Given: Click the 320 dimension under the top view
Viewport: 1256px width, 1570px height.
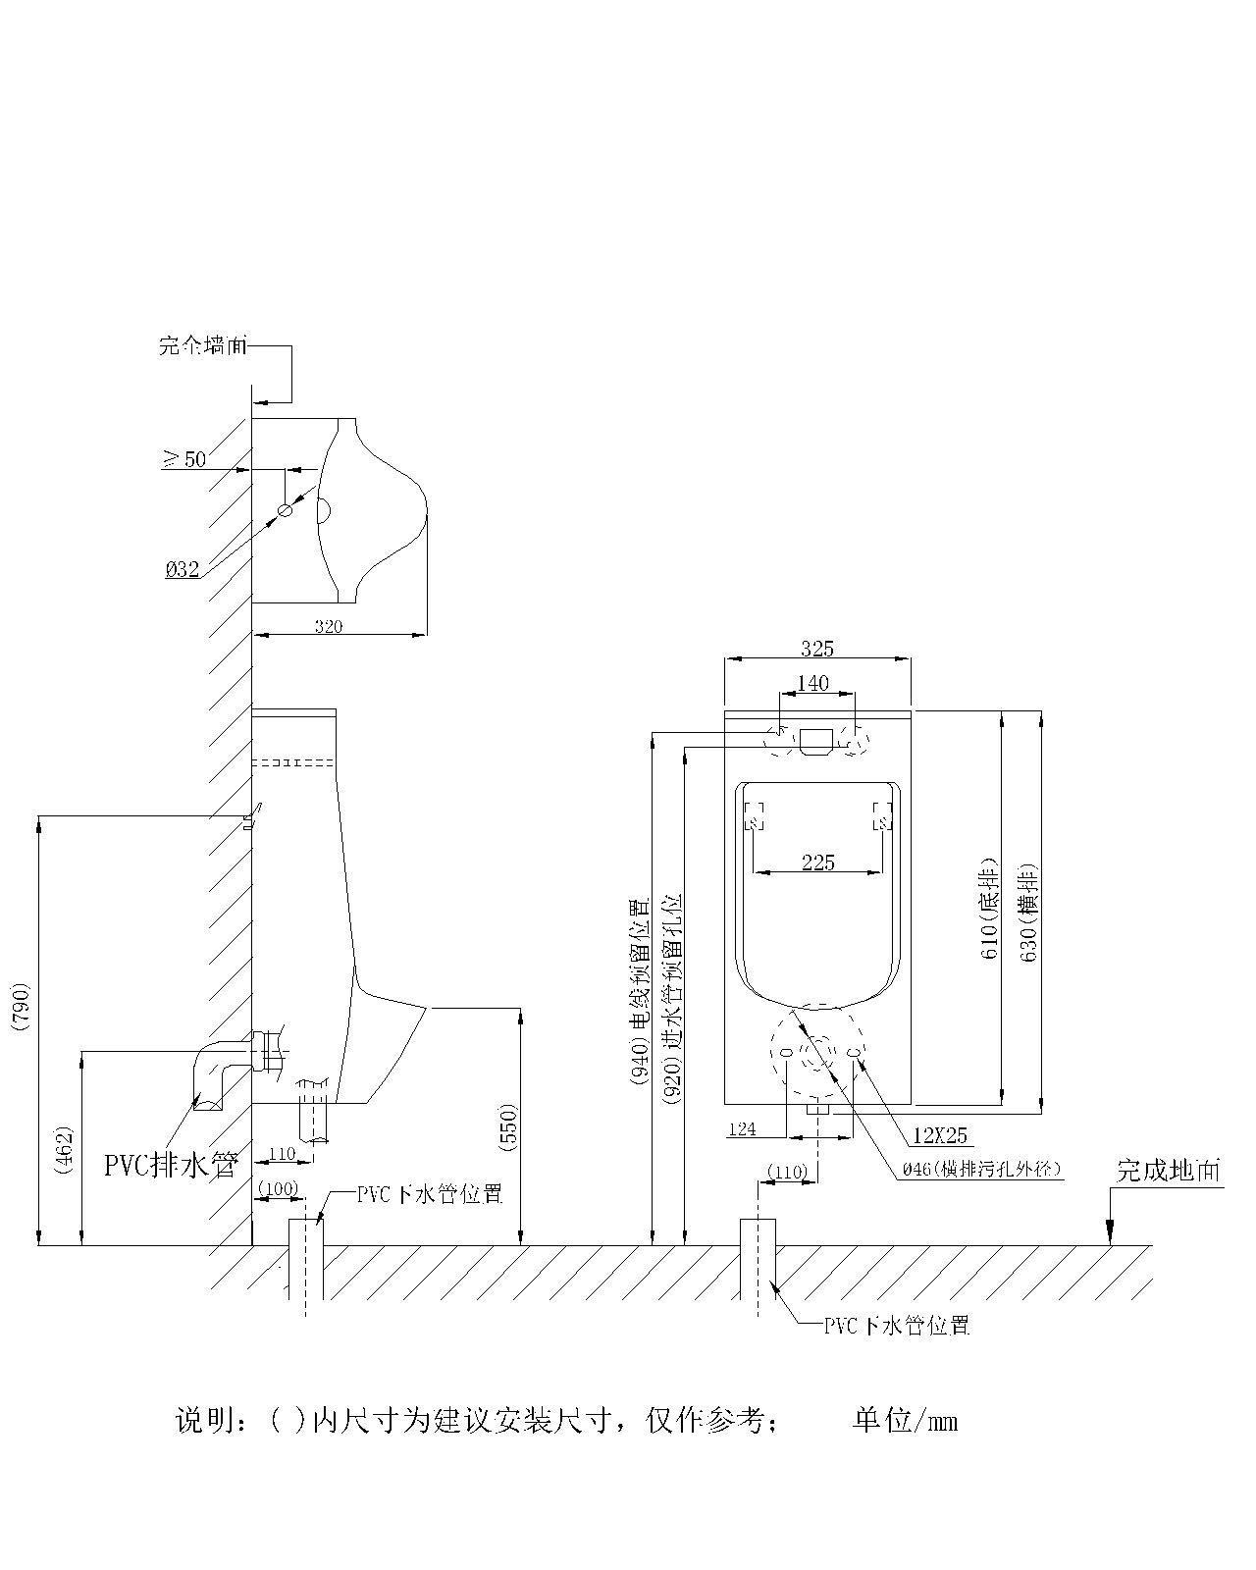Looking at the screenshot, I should coord(329,627).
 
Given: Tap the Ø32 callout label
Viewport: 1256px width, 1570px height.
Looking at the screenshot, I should coord(183,568).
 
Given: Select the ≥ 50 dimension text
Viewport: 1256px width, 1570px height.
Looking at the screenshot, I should coord(183,458).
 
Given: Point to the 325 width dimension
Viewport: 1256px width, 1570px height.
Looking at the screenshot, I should coord(817,649).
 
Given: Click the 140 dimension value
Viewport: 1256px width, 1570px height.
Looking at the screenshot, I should coord(812,683).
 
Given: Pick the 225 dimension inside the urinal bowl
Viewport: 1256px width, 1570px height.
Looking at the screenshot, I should coord(817,862).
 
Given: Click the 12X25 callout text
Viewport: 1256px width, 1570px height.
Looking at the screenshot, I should coord(939,1135).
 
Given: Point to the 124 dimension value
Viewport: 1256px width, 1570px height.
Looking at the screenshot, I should coord(743,1129).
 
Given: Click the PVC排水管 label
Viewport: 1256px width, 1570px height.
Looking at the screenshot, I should coord(172,1165).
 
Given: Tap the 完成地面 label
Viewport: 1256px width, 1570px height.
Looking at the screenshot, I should coord(1170,1170).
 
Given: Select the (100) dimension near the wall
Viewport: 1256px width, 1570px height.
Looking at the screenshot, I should coord(278,1188).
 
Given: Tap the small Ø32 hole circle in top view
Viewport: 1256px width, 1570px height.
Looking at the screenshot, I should coord(286,510).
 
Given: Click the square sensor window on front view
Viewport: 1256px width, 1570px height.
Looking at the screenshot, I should coord(816,741).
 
